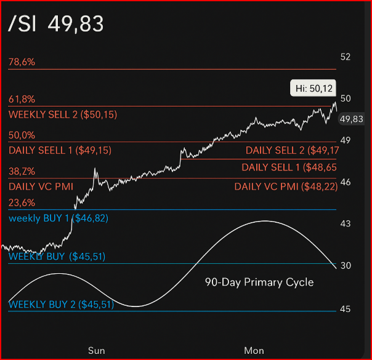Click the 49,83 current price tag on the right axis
[x=351, y=119]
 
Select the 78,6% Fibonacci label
[x=22, y=62]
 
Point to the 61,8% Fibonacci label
[x=22, y=99]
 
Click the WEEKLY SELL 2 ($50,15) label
[x=63, y=114]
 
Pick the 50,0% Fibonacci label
[x=22, y=135]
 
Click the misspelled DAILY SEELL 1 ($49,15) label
[x=60, y=150]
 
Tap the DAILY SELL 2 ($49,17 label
[x=292, y=150]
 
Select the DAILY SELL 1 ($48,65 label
[x=289, y=167]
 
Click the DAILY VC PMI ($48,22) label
[x=286, y=186]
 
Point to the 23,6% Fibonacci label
[x=22, y=203]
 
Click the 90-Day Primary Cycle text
[x=259, y=282]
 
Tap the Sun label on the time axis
[x=96, y=351]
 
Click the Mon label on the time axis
[x=254, y=351]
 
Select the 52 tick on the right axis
[x=346, y=57]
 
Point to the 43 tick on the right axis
[x=346, y=223]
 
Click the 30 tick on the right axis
[x=346, y=265]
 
